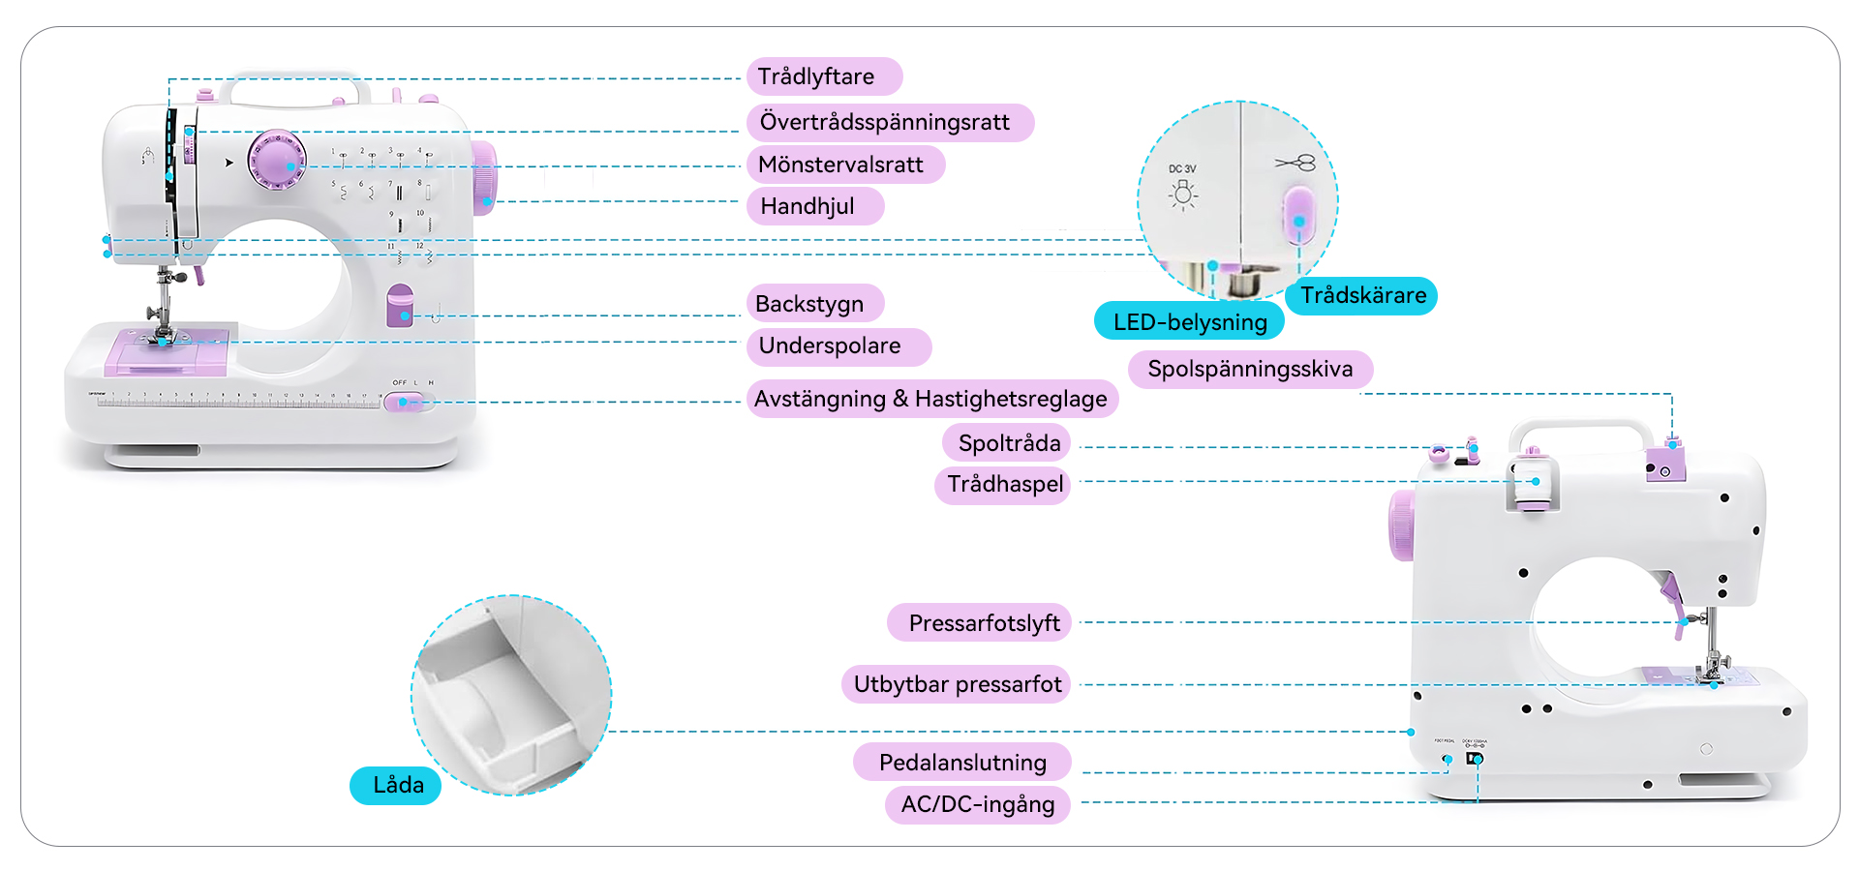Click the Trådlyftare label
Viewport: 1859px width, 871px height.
(823, 76)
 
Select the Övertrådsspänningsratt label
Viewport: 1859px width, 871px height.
(889, 122)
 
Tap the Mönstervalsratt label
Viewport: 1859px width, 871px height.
(844, 165)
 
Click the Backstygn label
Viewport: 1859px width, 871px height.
(813, 303)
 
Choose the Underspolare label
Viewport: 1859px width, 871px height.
(837, 346)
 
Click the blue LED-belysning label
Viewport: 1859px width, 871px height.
(1189, 321)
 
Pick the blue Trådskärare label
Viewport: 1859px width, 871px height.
(1361, 295)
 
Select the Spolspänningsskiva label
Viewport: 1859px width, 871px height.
(1249, 369)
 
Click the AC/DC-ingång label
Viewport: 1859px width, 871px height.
(977, 804)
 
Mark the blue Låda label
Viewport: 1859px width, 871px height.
(396, 785)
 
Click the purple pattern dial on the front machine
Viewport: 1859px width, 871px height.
(277, 161)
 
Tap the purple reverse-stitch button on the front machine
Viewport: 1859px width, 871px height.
(400, 306)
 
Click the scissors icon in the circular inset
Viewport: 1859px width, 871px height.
(1295, 163)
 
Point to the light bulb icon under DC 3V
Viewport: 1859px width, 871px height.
(1182, 195)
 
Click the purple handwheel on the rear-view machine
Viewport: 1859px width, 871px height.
(1400, 526)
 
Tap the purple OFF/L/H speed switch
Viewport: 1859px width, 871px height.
(404, 402)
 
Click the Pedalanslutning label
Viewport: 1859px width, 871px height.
(961, 762)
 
